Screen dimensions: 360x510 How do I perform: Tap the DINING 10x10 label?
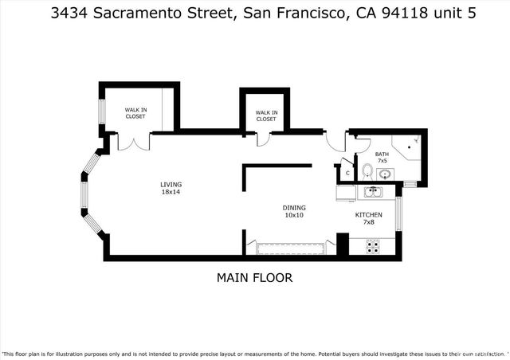(x=295, y=211)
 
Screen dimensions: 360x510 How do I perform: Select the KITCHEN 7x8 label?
(x=368, y=218)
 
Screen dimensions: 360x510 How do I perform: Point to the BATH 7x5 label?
(x=382, y=158)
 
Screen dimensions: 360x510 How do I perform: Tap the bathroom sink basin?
(x=385, y=174)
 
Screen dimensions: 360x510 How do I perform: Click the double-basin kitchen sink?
(x=372, y=192)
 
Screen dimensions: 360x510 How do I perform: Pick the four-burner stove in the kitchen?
(x=372, y=246)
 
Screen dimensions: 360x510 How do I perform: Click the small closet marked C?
(x=347, y=173)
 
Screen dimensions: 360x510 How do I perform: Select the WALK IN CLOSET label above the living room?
(x=135, y=113)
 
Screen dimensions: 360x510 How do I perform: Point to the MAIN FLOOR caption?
(x=254, y=278)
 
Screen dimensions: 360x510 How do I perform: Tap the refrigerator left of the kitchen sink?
(x=345, y=193)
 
